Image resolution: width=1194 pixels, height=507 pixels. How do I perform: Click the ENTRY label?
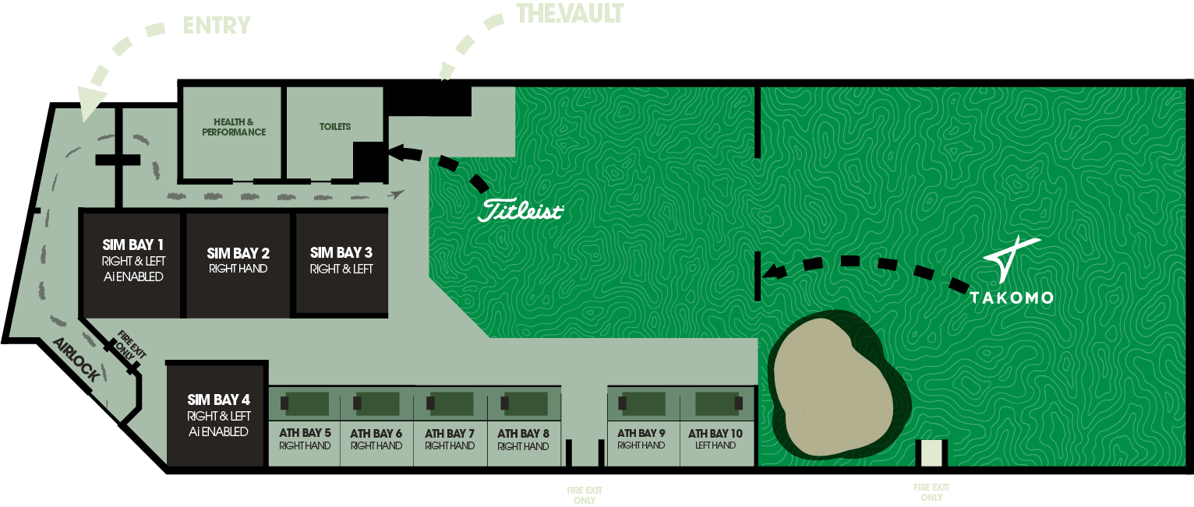(x=217, y=25)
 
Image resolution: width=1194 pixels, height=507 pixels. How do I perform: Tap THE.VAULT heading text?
(x=570, y=14)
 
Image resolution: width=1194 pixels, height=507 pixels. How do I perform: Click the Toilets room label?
(x=335, y=127)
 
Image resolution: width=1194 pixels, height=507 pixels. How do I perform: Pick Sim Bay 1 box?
(x=133, y=261)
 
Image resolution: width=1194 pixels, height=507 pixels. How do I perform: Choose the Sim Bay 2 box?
(x=238, y=261)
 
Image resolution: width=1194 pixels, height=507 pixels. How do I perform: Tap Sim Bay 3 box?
(x=341, y=260)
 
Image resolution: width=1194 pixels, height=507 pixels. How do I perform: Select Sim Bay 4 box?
(x=218, y=415)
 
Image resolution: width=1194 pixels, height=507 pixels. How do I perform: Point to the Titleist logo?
(x=520, y=210)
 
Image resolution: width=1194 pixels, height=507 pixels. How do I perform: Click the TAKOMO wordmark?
(x=1011, y=297)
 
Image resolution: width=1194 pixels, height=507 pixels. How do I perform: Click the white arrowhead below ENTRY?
(x=91, y=103)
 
